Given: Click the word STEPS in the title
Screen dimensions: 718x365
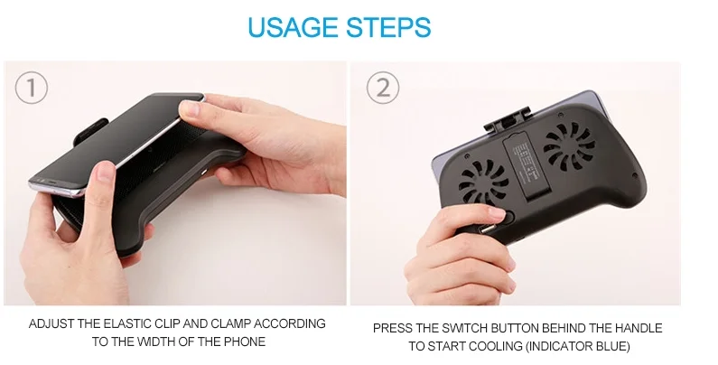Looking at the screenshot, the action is click(388, 27).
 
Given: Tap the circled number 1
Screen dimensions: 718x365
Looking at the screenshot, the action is click(31, 88).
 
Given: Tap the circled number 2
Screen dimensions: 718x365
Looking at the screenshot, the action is click(383, 87).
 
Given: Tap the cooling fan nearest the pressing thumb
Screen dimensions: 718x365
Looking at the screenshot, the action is click(484, 182).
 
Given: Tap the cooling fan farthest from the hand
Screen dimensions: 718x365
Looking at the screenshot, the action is click(570, 145).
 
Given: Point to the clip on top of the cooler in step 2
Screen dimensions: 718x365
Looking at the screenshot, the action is click(508, 119).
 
